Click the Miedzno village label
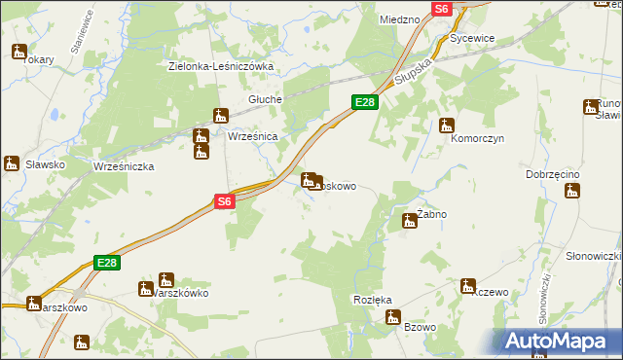click(399, 18)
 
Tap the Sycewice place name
click(473, 38)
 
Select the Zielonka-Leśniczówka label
click(221, 66)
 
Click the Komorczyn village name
click(476, 139)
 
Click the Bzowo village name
click(420, 327)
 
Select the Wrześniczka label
click(124, 166)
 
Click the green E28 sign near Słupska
click(364, 102)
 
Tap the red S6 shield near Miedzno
click(442, 8)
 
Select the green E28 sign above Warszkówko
click(107, 263)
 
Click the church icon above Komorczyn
click(447, 125)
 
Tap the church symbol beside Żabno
click(410, 222)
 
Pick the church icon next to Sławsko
click(12, 163)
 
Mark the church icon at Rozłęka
click(393, 316)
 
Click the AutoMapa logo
click(559, 341)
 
